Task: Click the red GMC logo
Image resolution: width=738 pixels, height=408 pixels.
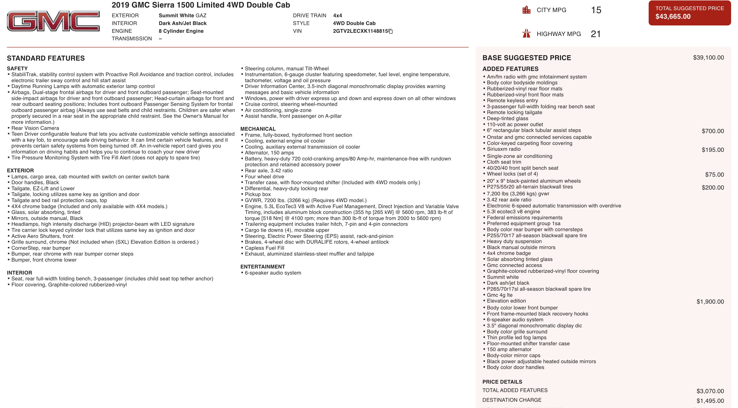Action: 53,21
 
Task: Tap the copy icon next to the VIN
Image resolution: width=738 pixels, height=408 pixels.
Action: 391,31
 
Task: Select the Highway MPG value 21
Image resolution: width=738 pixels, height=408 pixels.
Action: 595,34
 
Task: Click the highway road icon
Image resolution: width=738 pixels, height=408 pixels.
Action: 526,33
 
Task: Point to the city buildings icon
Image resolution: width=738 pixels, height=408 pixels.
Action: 526,10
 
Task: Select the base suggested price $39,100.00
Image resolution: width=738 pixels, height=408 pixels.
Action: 708,58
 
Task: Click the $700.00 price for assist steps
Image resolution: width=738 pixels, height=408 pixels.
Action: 713,131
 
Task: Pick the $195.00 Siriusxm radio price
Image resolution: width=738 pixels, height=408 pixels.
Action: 713,150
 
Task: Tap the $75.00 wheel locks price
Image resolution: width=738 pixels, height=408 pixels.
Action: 714,175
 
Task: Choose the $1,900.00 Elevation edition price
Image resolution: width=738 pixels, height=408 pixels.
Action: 710,301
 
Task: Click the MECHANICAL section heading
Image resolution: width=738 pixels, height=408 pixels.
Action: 258,129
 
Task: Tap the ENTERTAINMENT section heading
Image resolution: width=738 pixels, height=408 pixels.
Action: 263,267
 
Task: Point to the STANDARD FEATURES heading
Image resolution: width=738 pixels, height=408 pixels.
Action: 46,58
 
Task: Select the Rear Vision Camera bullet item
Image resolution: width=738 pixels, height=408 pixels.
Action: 35,128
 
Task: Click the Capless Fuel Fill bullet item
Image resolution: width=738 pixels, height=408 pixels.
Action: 264,248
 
